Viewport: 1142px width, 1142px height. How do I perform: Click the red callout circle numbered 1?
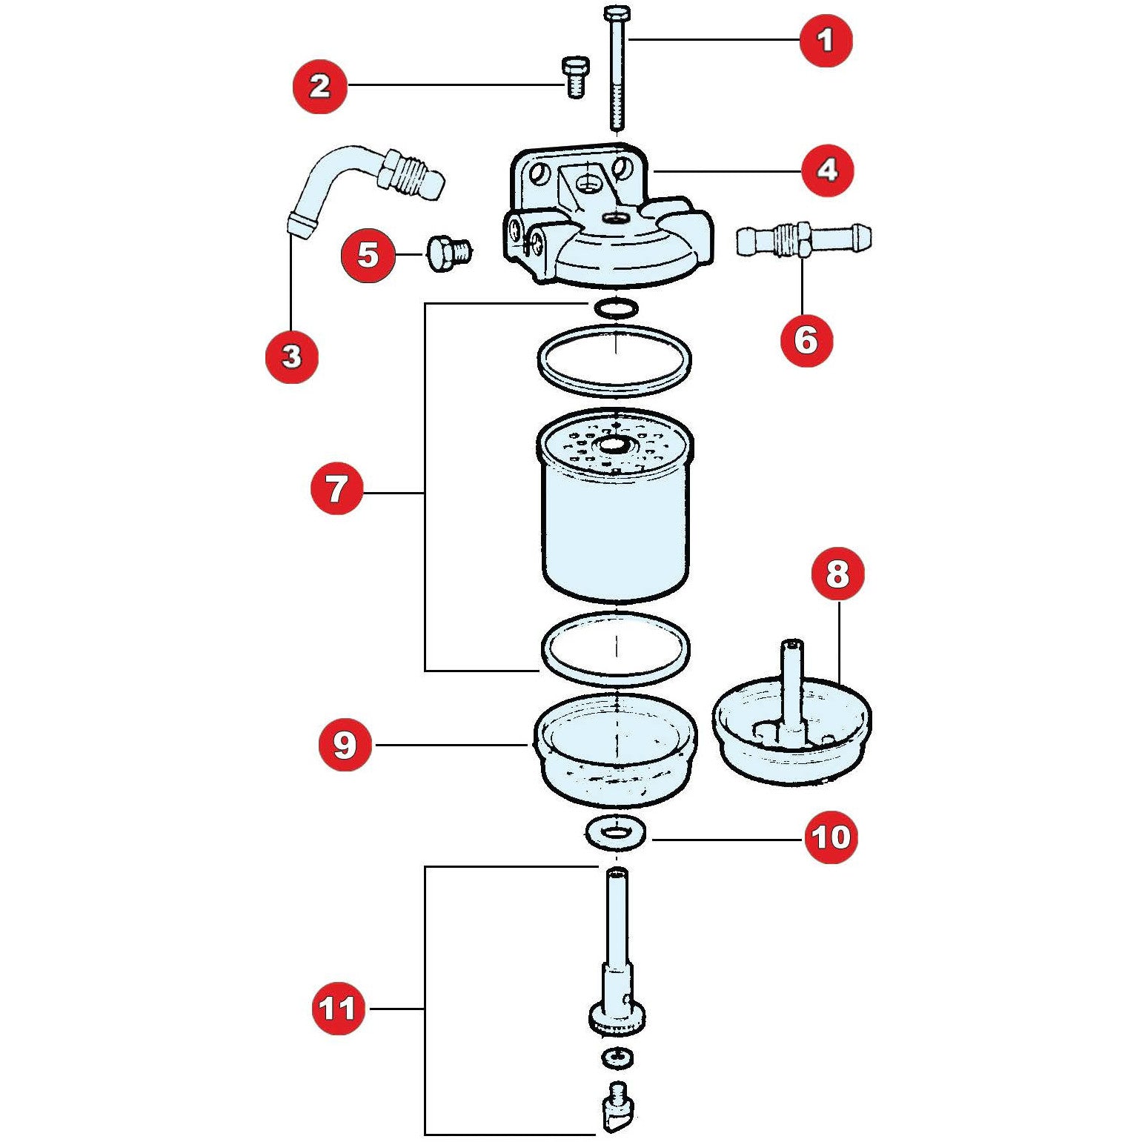click(826, 40)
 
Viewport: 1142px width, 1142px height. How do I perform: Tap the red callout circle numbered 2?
click(319, 86)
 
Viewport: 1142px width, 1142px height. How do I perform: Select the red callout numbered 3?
click(292, 356)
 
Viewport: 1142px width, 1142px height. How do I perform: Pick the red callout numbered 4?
click(827, 170)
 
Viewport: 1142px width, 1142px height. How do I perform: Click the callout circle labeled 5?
click(368, 256)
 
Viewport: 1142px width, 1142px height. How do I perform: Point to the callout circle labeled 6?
click(806, 341)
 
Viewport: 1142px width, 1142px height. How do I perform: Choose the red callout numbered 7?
click(337, 488)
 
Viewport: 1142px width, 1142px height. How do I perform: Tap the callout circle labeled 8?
click(837, 573)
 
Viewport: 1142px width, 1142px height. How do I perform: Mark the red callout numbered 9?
click(345, 745)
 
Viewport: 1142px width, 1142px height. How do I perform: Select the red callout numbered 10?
click(831, 837)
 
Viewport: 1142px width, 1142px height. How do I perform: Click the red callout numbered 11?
click(338, 1008)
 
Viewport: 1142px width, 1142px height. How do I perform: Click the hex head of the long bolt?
click(616, 13)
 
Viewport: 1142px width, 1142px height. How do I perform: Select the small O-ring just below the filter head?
click(615, 307)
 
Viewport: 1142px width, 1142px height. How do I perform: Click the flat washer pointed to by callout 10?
click(615, 834)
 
